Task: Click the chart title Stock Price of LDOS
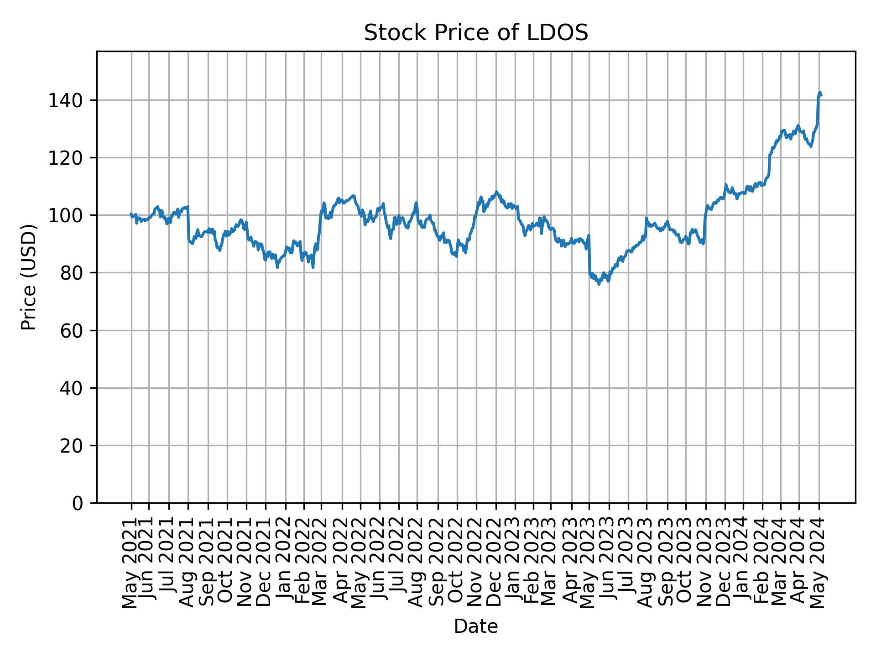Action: coord(476,33)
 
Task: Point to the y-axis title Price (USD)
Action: coord(28,276)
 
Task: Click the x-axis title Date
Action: coord(476,627)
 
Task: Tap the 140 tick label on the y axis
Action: coord(65,100)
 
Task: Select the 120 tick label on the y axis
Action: coord(65,158)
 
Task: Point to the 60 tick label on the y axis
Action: coord(71,330)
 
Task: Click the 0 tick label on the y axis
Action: coord(78,503)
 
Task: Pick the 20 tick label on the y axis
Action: coord(71,445)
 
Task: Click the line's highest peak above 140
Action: coord(819,92)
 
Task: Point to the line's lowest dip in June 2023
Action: coord(599,285)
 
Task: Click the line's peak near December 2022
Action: coord(496,192)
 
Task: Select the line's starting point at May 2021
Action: coord(131,214)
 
